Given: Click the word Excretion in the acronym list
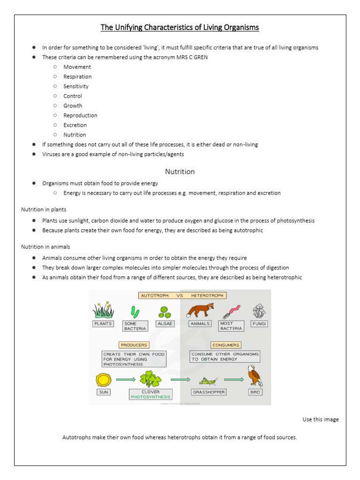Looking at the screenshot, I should point(75,125).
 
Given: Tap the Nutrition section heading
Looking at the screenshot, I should point(180,172).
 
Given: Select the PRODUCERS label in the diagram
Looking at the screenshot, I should point(134,345).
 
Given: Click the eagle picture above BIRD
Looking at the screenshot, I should point(255,376).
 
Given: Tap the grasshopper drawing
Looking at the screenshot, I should point(208,380).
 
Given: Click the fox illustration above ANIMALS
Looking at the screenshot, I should point(201,310).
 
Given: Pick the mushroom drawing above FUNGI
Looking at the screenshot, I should point(259,310).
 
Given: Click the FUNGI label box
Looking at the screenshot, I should point(259,323).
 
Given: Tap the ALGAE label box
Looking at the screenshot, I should point(165,323).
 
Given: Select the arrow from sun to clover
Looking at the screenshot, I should point(125,380).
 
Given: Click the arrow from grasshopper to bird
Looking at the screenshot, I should point(234,380).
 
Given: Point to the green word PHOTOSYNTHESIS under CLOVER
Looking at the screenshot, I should point(150,397).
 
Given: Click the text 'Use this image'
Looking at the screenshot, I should point(320,419).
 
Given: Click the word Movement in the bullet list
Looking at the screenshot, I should point(77,67).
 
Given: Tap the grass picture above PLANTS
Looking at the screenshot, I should point(103,310).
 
